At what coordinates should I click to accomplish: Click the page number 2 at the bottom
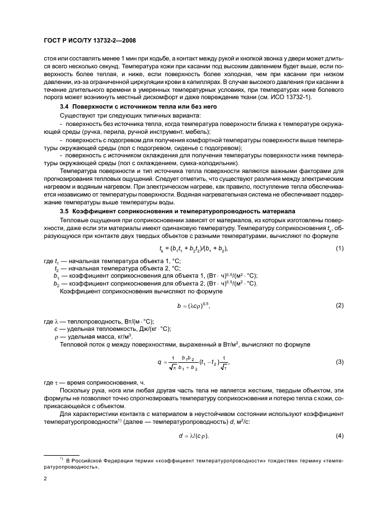[x=45, y=479]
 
